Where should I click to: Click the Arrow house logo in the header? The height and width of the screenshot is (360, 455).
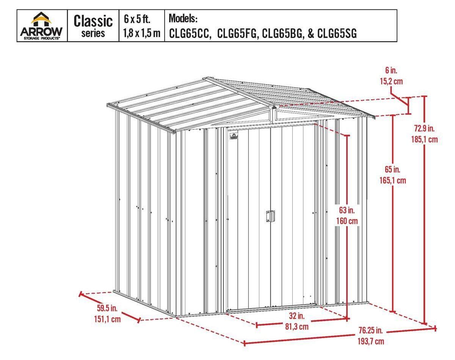coord(41,25)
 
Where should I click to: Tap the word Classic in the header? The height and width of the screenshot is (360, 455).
coord(93,21)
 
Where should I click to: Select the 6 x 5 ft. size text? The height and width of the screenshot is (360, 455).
coord(137,19)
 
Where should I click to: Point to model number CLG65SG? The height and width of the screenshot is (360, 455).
coord(337,33)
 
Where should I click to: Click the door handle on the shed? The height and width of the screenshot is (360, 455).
coord(270,216)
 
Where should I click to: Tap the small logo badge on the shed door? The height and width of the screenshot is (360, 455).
coord(234,136)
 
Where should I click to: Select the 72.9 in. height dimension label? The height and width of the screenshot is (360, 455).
coord(424,128)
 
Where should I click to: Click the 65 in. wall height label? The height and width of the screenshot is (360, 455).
coord(392,169)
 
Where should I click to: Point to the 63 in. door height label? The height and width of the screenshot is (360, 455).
coord(347,210)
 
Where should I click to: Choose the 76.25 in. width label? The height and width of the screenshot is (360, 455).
coord(371,330)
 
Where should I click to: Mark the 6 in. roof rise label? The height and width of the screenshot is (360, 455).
coord(391,70)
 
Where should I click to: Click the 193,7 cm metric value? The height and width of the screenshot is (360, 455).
coord(371,341)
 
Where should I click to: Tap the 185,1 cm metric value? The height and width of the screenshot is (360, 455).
coord(424,139)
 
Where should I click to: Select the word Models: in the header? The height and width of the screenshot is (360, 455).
coord(183,19)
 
